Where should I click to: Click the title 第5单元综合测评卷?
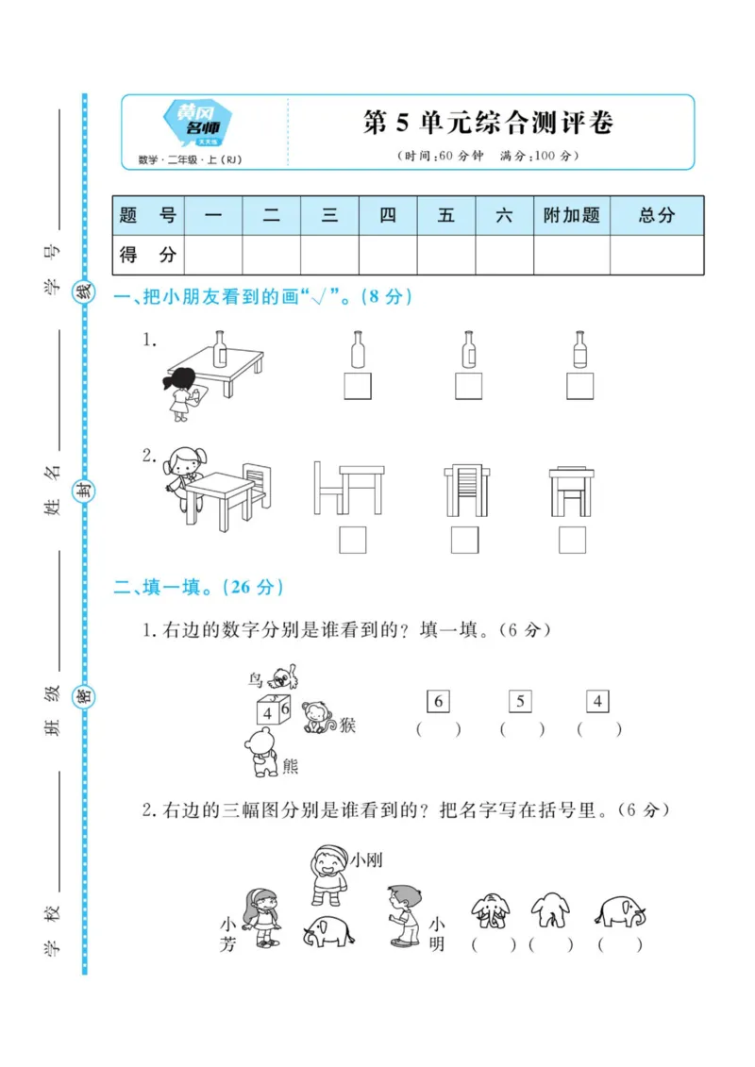pyautogui.click(x=488, y=124)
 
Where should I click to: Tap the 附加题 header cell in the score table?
pyautogui.click(x=571, y=215)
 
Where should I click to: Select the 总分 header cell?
pyautogui.click(x=656, y=215)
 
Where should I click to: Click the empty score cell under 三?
pyautogui.click(x=329, y=254)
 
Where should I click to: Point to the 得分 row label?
pyautogui.click(x=148, y=254)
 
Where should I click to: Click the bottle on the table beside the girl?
pyautogui.click(x=220, y=347)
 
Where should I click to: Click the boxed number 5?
pyautogui.click(x=520, y=701)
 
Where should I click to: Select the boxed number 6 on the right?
pyautogui.click(x=438, y=701)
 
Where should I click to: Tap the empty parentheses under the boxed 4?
pyautogui.click(x=599, y=728)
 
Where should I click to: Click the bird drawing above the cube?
pyautogui.click(x=282, y=676)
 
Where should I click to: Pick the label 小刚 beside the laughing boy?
pyautogui.click(x=366, y=859)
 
